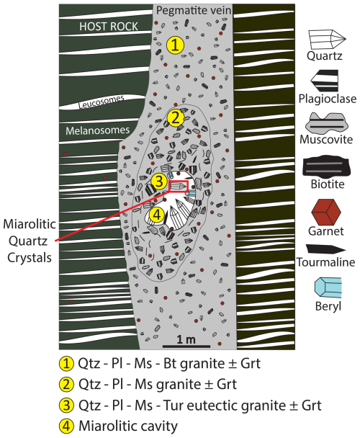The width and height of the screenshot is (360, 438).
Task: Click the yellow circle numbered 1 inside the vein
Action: [x=175, y=45]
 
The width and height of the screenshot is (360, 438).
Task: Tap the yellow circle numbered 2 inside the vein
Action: [x=176, y=118]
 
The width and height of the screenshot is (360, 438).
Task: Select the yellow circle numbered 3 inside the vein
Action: [x=159, y=182]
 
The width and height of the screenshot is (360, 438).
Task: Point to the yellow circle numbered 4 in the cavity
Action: [x=157, y=215]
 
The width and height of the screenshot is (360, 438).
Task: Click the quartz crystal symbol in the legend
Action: [x=327, y=40]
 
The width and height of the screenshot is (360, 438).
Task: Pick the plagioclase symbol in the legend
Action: [x=325, y=81]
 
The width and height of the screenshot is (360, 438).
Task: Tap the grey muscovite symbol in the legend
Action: [x=327, y=123]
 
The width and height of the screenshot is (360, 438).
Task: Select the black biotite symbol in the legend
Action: [x=326, y=166]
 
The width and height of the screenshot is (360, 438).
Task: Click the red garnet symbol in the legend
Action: [x=326, y=212]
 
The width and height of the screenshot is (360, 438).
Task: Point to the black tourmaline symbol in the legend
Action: [x=325, y=249]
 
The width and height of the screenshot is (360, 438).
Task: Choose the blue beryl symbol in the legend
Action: [x=328, y=288]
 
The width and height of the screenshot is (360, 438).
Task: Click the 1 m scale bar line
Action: [x=186, y=346]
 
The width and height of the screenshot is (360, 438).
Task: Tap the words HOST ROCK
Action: [x=109, y=27]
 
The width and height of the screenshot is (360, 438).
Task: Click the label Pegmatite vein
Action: [x=194, y=11]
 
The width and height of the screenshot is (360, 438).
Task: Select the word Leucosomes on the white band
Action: [x=102, y=102]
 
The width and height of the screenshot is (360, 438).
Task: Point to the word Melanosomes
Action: [x=98, y=130]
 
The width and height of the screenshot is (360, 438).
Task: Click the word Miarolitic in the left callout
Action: [x=30, y=224]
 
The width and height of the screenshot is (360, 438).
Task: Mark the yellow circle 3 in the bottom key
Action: [x=66, y=405]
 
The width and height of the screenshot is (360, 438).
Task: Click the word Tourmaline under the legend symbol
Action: [x=325, y=262]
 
